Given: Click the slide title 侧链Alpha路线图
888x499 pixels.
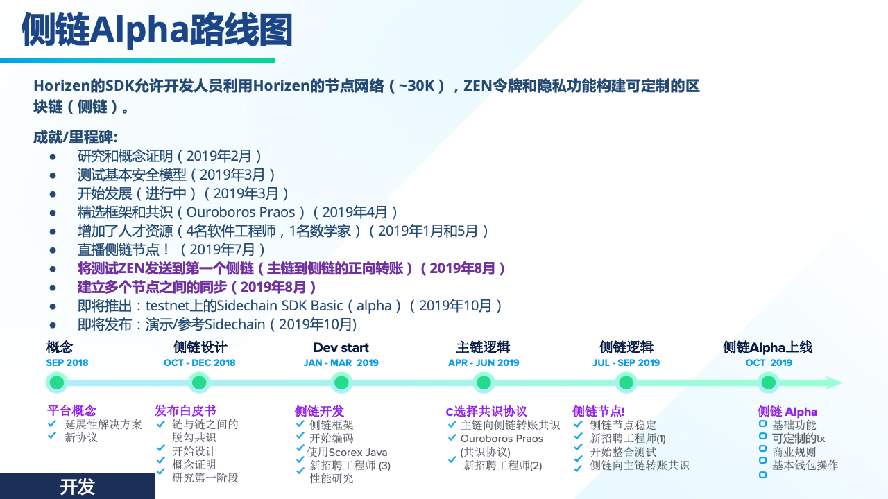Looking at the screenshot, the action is tap(157, 30).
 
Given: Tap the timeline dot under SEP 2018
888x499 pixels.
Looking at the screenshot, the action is tap(56, 383).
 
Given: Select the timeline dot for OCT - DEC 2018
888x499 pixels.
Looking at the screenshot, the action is tap(199, 383).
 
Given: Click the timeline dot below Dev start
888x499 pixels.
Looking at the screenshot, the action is tap(341, 383).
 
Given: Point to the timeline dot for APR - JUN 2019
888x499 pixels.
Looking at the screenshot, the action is tap(484, 383).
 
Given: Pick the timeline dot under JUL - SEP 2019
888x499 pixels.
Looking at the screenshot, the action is tap(626, 383).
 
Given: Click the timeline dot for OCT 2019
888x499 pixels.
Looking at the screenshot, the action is tap(769, 383).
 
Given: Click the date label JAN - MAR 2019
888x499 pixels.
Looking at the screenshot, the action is tap(341, 362).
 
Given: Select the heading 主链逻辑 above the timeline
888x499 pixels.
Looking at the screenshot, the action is tap(484, 347).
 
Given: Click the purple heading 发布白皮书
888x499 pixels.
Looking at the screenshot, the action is tap(185, 411).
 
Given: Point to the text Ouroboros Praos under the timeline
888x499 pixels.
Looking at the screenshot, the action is tap(502, 439).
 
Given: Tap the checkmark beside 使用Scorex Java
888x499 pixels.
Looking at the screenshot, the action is tap(300, 448).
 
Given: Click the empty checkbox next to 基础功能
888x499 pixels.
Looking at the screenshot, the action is tap(762, 423).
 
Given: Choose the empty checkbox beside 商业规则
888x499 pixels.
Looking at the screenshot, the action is tap(762, 448).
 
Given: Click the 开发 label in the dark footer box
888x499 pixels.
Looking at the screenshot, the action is tap(77, 487).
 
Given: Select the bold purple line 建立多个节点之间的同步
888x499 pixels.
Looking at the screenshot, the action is tap(196, 287).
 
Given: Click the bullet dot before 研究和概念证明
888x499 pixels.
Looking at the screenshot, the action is tap(53, 157).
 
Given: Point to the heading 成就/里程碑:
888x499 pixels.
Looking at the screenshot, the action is tap(76, 137).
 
